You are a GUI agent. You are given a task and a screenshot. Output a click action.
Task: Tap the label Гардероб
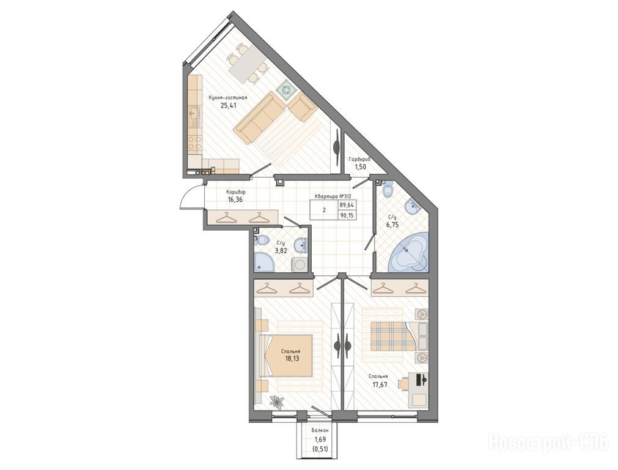(359, 160)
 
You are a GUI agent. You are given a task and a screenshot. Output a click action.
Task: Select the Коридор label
(236, 192)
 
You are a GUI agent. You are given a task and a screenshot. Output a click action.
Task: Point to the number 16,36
(235, 200)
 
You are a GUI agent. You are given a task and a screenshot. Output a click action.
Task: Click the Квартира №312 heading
(333, 196)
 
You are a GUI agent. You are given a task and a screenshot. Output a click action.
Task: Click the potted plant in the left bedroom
(277, 401)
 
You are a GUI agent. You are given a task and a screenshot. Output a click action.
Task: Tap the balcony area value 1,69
(320, 439)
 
